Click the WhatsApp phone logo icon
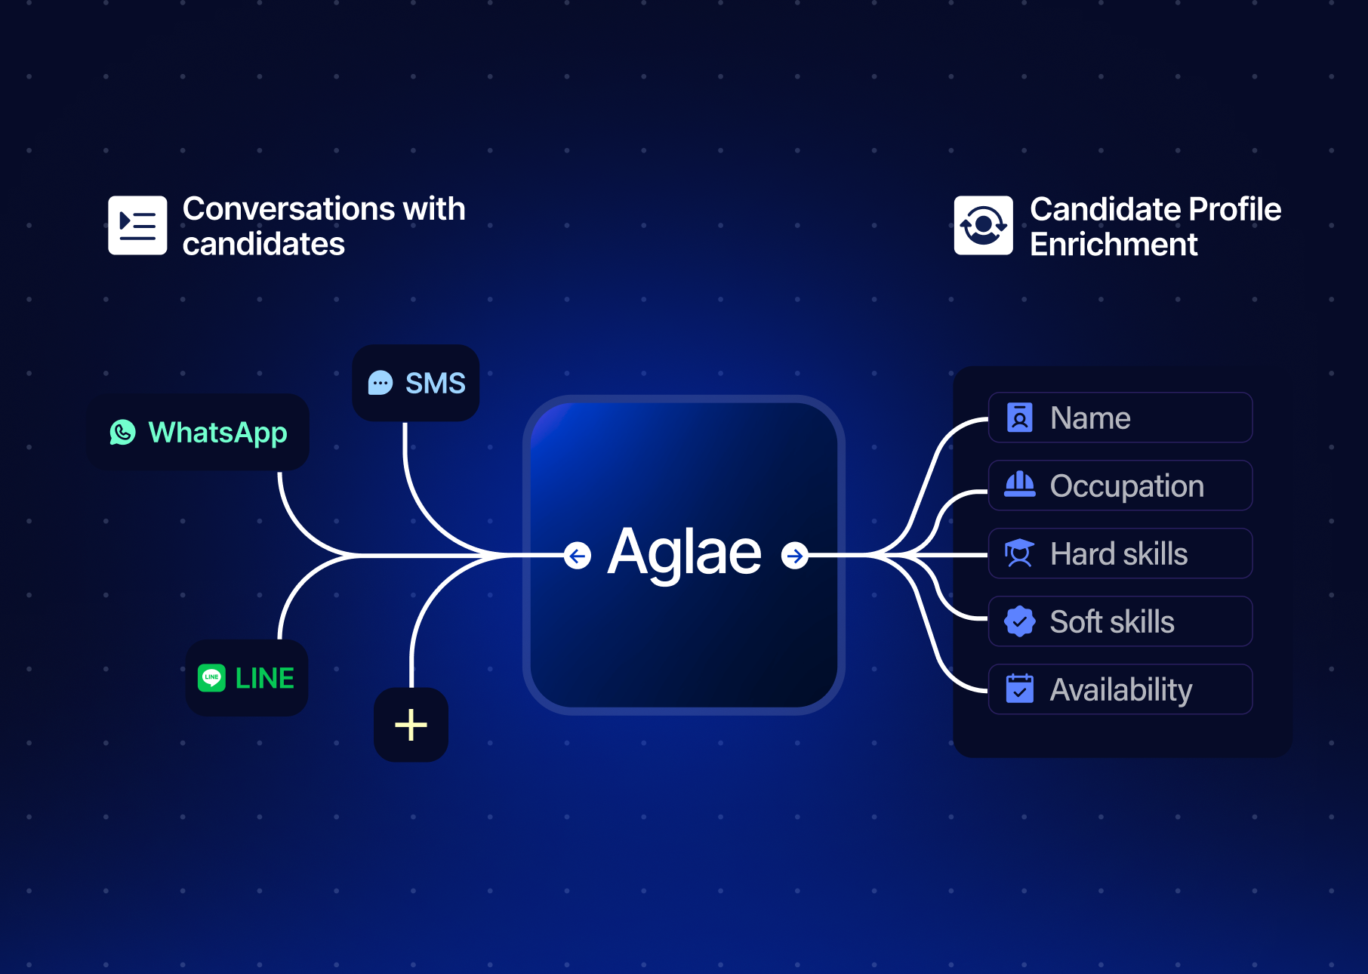coord(122,433)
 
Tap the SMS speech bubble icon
coord(381,384)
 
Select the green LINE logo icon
coord(211,678)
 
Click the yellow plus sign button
coord(411,725)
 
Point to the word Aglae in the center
coord(684,553)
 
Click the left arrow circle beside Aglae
coord(578,556)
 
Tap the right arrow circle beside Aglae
coord(794,556)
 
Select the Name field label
coord(1089,418)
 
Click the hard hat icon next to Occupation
coord(1019,485)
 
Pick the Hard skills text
coord(1118,554)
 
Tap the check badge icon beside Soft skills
coord(1019,621)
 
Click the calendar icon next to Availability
coord(1019,689)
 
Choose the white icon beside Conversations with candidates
coord(137,225)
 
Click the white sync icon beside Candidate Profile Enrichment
coord(983,225)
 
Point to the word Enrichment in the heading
coord(1113,245)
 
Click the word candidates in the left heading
coord(263,245)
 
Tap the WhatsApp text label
coord(217,433)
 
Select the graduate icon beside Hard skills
coord(1019,553)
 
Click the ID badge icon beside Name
coord(1019,418)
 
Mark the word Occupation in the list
coord(1126,486)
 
